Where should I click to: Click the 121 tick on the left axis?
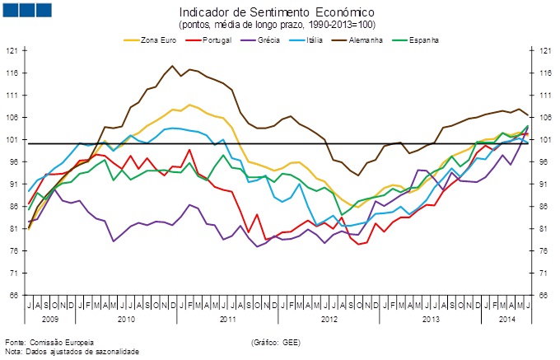click(12, 51)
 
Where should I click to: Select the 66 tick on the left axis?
click(12, 295)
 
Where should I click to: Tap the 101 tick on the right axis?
click(544, 140)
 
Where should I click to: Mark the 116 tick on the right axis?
click(544, 73)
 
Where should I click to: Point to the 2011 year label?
click(228, 317)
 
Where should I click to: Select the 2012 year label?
click(329, 317)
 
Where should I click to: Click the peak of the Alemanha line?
click(172, 66)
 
